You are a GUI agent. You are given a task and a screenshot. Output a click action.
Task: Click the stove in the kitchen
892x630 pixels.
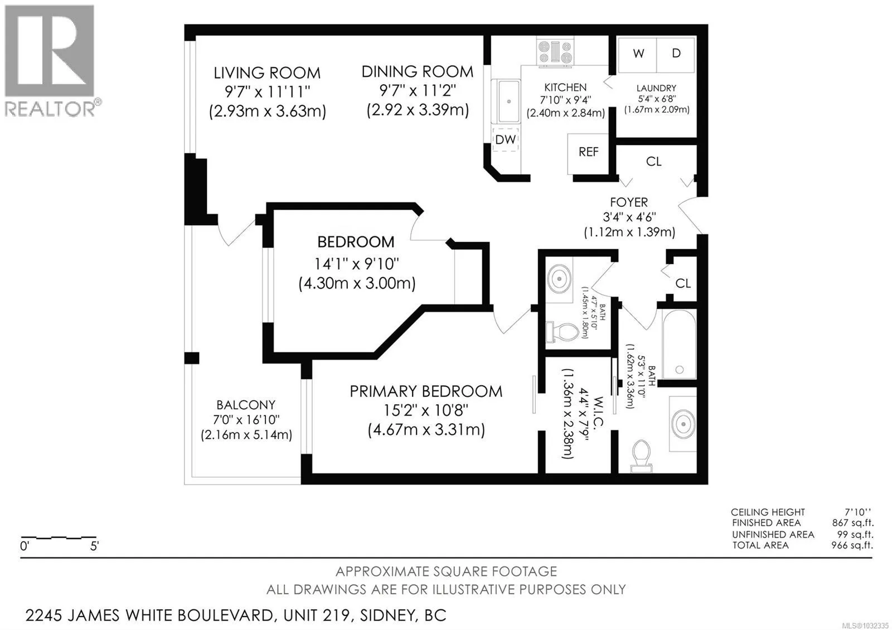(555, 52)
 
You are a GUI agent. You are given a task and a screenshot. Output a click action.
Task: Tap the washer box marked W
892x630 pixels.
(637, 55)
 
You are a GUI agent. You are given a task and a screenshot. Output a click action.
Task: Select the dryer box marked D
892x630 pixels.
(676, 55)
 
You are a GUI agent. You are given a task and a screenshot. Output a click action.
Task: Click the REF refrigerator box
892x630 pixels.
(588, 154)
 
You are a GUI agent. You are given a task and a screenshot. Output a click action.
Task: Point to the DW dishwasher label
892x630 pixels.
(505, 139)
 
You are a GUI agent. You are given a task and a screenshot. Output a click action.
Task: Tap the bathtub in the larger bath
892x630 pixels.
(679, 345)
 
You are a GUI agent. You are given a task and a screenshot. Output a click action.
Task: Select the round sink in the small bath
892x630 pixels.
(559, 279)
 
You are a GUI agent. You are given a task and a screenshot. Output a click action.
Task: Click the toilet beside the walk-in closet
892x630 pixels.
(641, 455)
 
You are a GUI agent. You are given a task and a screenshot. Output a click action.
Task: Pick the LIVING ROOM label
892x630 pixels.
(267, 73)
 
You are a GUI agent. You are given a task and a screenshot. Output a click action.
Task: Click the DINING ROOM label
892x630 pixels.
(418, 72)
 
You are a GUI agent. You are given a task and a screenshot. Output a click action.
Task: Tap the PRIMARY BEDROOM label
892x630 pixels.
(426, 391)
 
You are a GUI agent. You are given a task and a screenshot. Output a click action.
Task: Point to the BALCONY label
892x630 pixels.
(246, 405)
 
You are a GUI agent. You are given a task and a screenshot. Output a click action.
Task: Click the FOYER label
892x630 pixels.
(629, 202)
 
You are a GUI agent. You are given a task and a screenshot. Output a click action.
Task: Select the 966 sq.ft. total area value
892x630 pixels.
(852, 545)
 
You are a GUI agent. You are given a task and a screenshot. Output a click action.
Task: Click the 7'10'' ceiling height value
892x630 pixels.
(858, 512)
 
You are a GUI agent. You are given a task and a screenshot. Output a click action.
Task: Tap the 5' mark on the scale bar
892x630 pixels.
(94, 546)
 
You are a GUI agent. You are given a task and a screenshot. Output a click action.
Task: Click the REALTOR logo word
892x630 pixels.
(50, 109)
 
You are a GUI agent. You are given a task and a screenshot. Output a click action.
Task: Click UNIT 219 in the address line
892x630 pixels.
(318, 616)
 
